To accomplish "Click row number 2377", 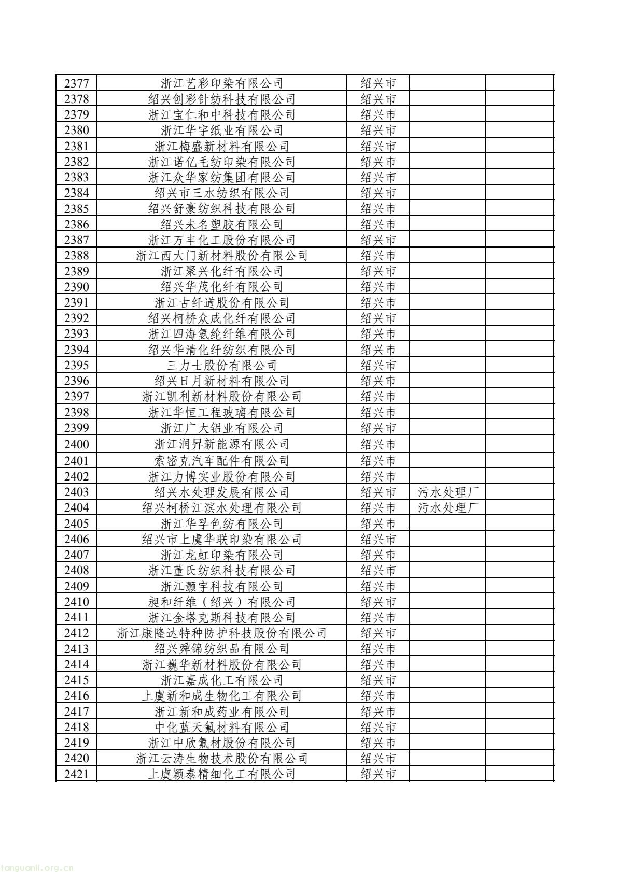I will tap(76, 83).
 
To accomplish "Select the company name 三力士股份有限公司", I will tap(222, 366).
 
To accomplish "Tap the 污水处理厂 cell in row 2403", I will tap(447, 492).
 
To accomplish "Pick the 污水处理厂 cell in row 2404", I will tap(447, 508).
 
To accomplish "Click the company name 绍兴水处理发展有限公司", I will tap(222, 492).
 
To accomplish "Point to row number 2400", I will tap(76, 444).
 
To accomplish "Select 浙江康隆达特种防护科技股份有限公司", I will tap(222, 633).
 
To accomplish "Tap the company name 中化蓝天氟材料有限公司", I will tap(222, 728).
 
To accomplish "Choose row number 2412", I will tap(76, 633).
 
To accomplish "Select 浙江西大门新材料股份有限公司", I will tap(222, 256).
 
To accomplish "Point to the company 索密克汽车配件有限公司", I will tap(222, 461).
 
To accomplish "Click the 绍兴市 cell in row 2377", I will tap(378, 83).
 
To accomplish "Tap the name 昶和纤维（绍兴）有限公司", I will tap(222, 602).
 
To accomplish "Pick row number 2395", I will tap(76, 366).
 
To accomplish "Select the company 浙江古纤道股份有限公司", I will tap(222, 303).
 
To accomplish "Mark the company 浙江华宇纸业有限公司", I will tap(222, 130).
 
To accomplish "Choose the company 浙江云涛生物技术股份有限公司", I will tap(222, 759).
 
